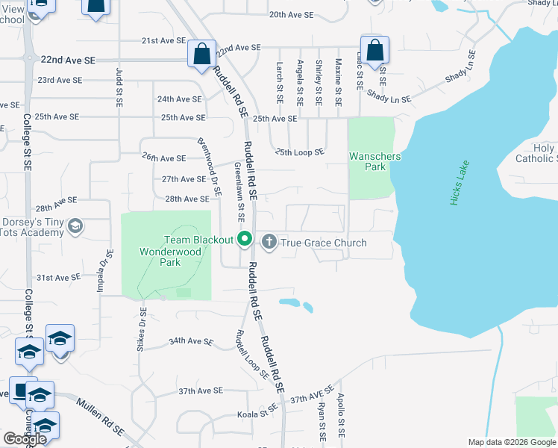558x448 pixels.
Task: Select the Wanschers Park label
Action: pyautogui.click(x=374, y=161)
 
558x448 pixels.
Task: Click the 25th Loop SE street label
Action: pyautogui.click(x=299, y=152)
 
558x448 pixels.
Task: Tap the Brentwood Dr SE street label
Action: pyautogui.click(x=210, y=167)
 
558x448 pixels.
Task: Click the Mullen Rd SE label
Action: pyautogui.click(x=99, y=417)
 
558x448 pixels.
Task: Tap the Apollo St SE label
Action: pyautogui.click(x=340, y=415)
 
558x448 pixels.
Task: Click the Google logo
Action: pyautogui.click(x=25, y=439)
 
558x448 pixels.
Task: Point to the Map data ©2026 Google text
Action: pyautogui.click(x=511, y=442)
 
